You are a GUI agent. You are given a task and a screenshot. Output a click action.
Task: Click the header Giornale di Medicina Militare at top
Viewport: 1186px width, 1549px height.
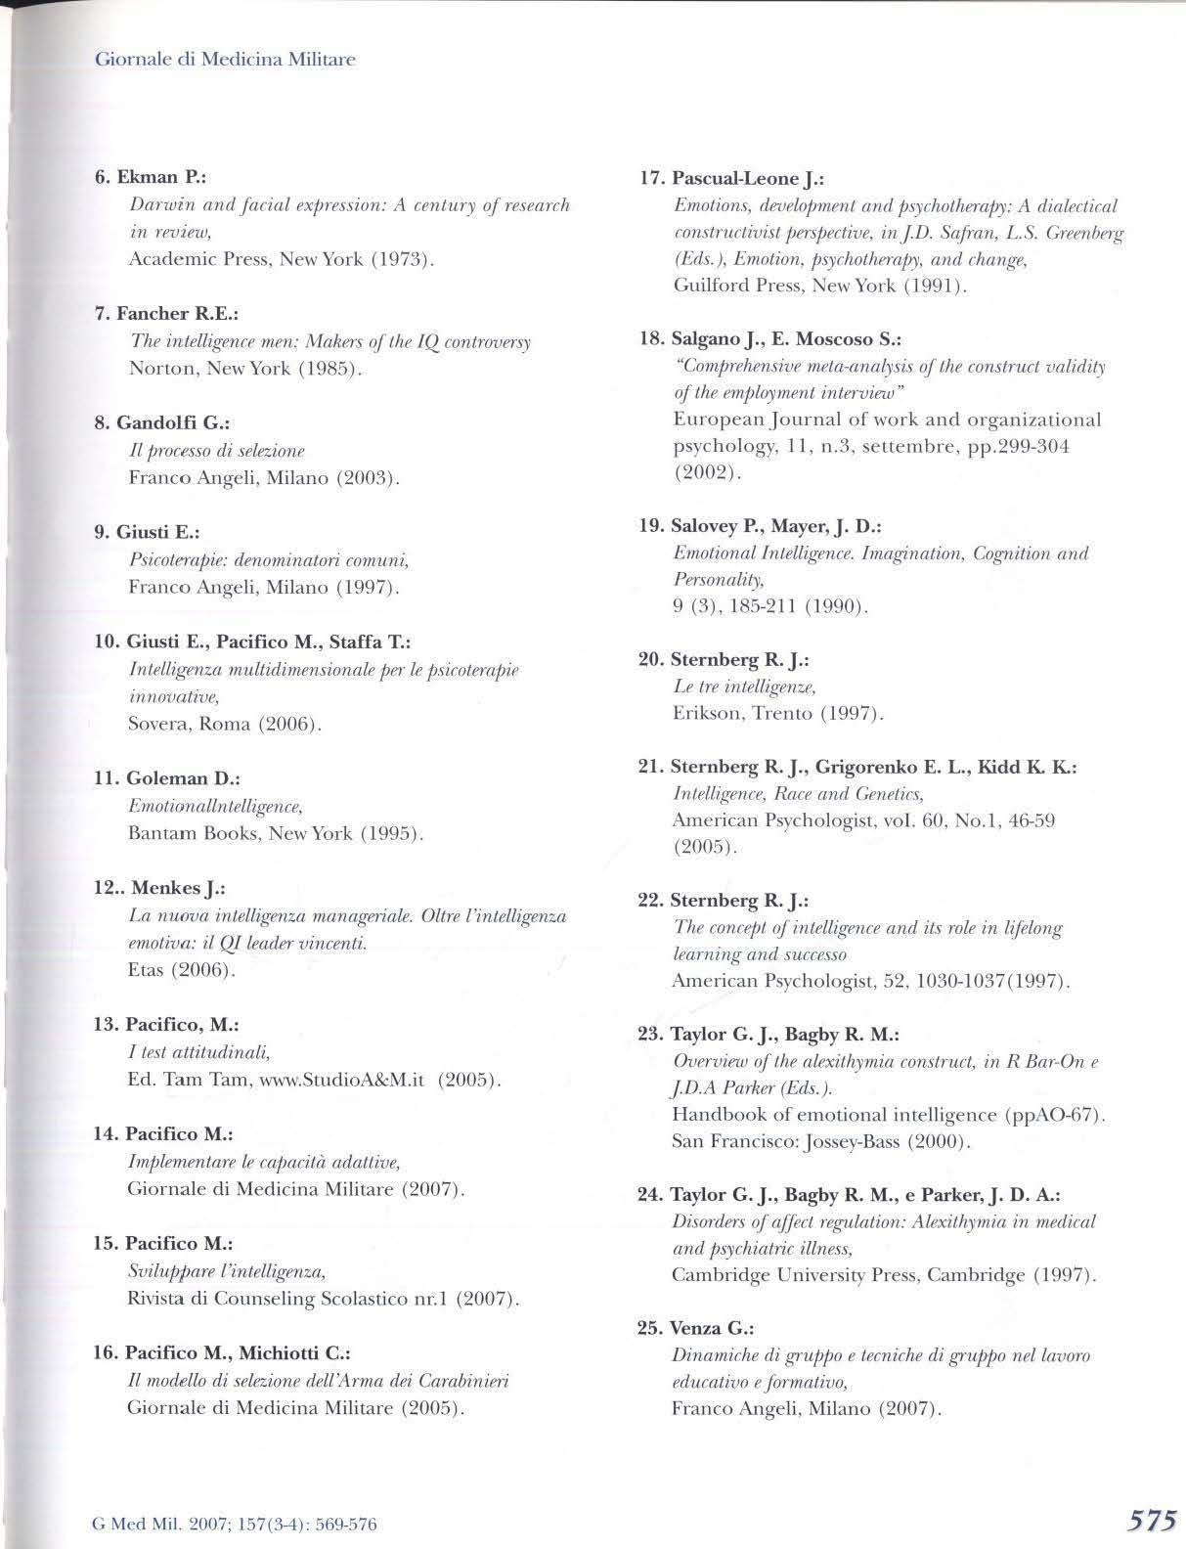tap(225, 60)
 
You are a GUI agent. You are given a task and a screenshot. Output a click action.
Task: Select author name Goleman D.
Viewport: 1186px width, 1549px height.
tap(170, 778)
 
